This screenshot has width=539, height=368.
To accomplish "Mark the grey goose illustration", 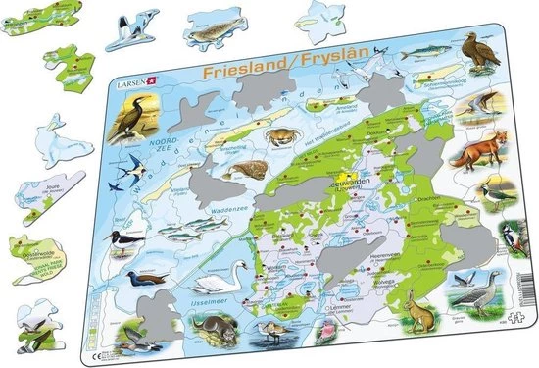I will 465,289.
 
